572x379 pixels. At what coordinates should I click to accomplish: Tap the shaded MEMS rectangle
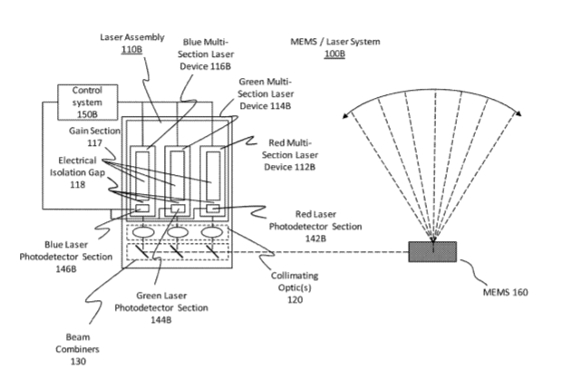(x=432, y=251)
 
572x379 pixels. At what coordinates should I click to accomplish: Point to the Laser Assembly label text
(x=131, y=37)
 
